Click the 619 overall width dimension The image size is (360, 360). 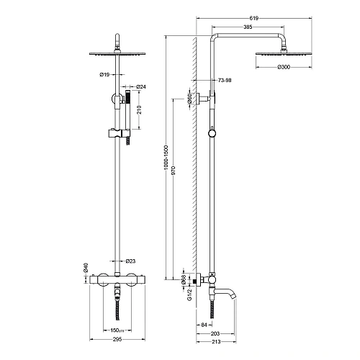pos(253,18)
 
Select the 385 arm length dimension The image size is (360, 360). pos(248,27)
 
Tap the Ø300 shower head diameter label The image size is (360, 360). pos(284,67)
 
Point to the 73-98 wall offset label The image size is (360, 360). pos(225,80)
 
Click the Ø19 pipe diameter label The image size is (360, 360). pos(104,75)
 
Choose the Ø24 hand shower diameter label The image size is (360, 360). pos(141,86)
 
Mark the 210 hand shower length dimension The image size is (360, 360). pos(140,109)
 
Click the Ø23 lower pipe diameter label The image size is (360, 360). pos(130,261)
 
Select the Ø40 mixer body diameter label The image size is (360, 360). pos(86,268)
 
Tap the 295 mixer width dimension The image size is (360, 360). pos(117,339)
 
